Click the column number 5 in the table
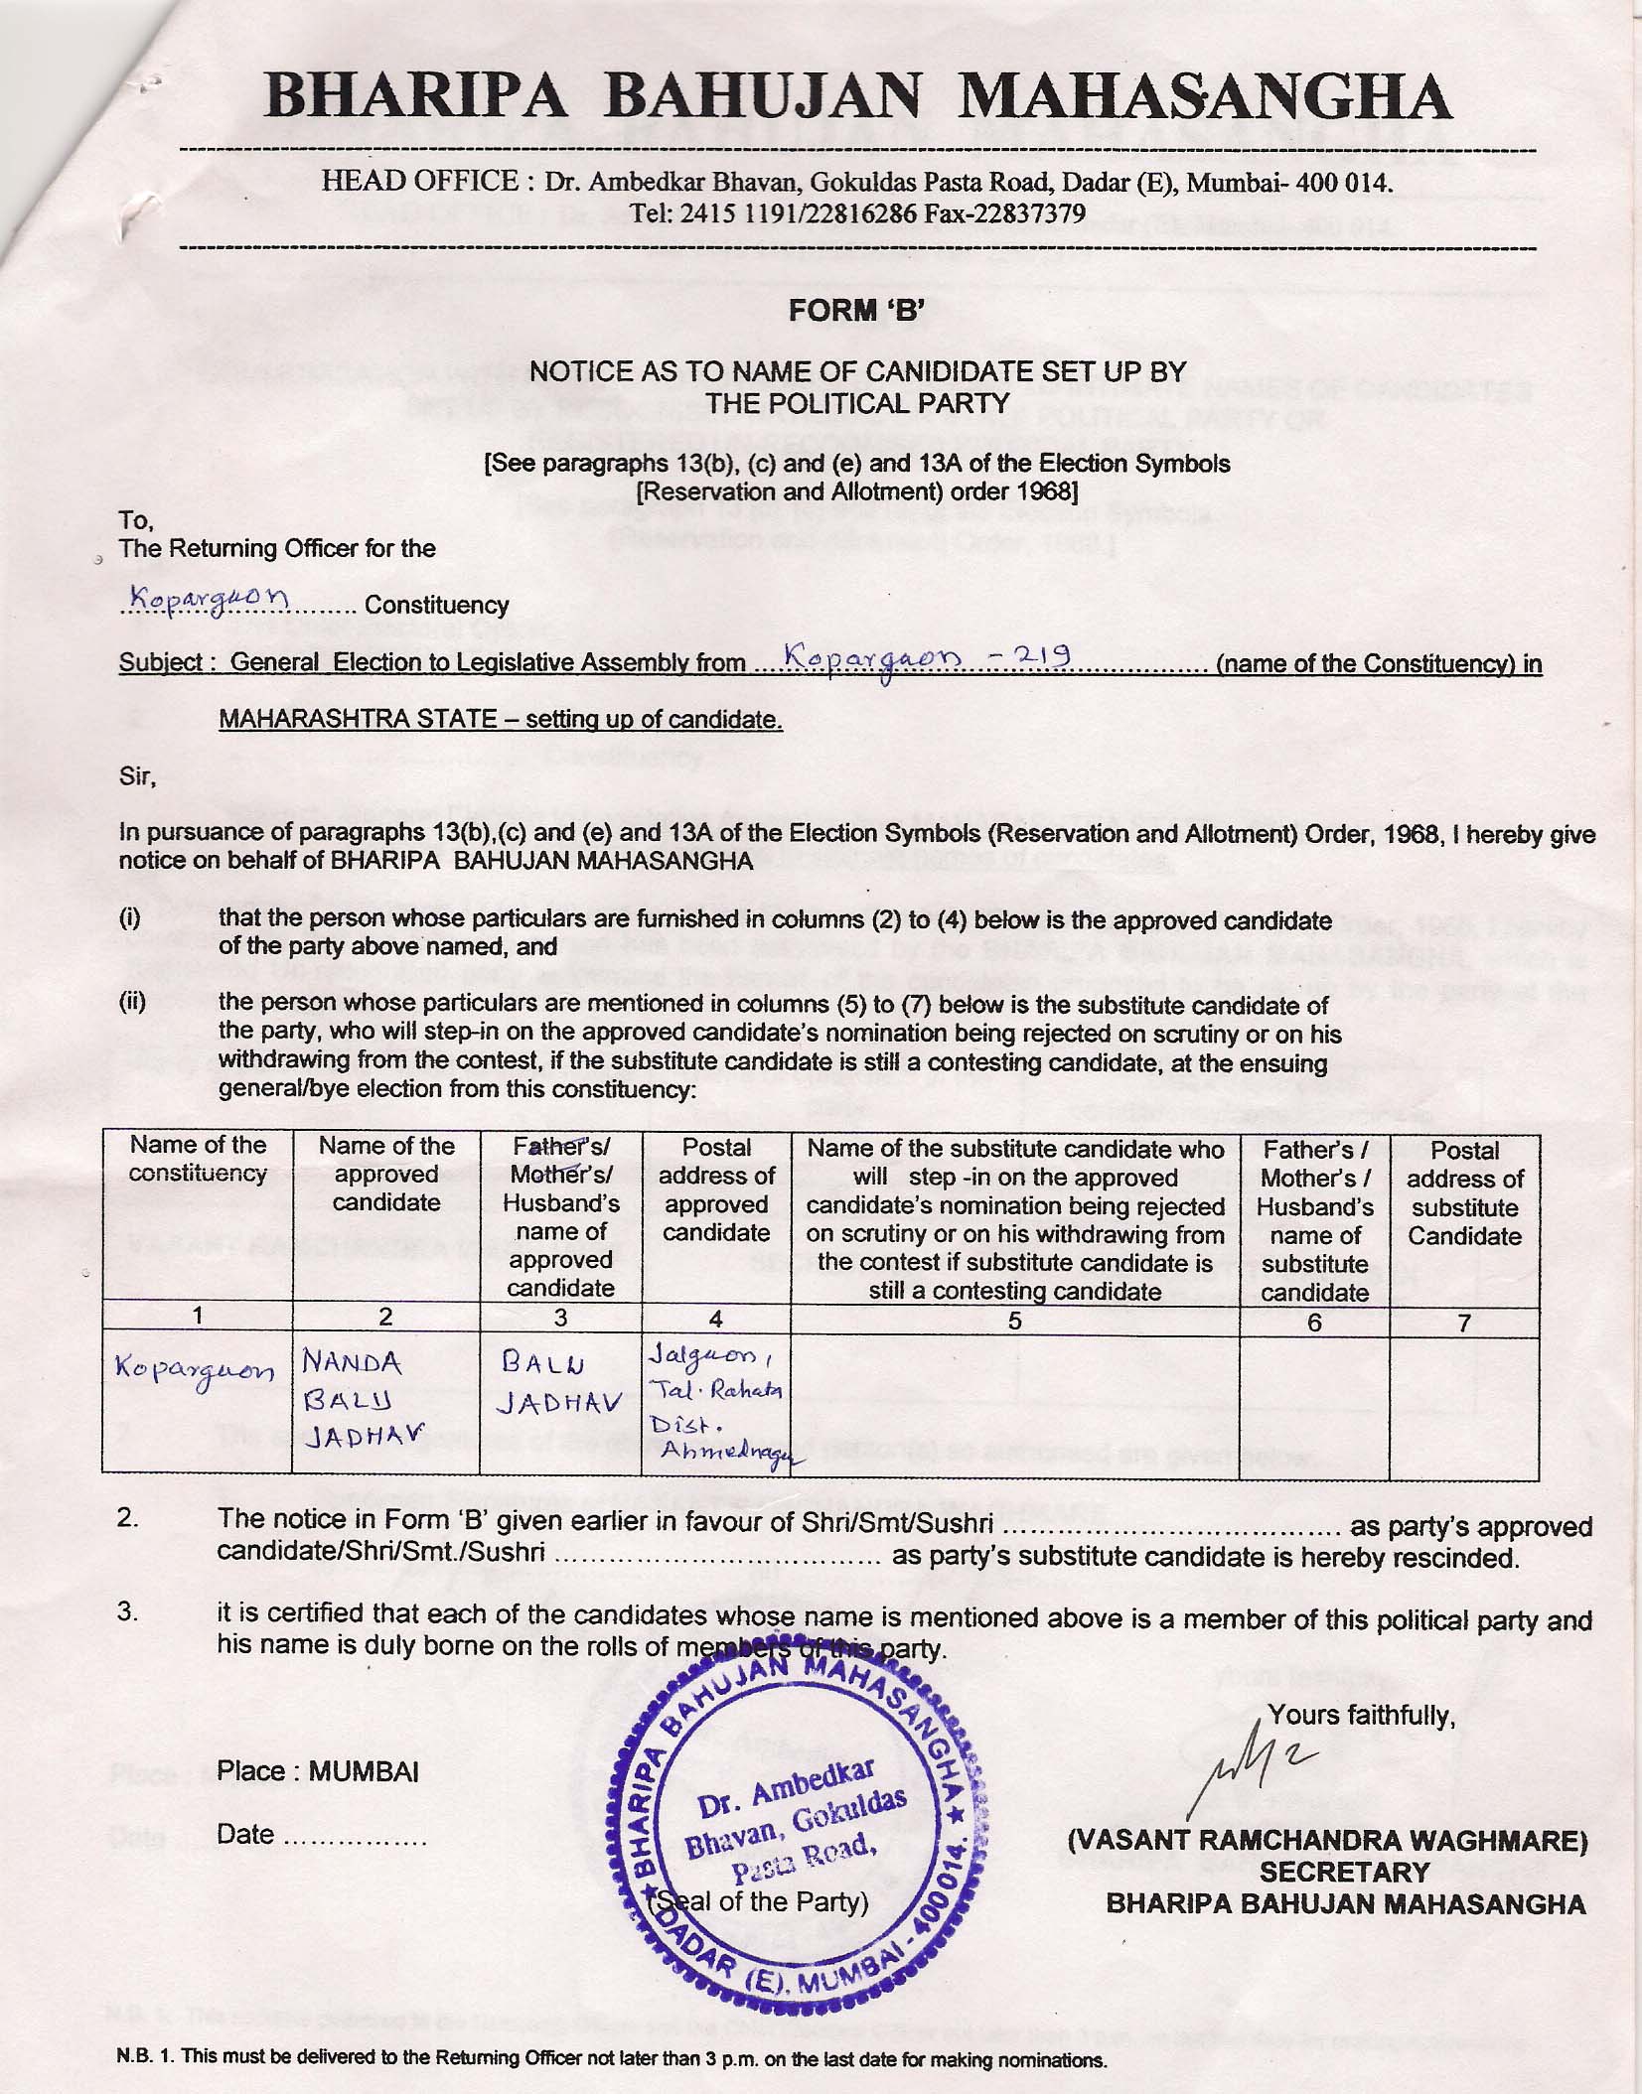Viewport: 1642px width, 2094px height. (x=1014, y=1321)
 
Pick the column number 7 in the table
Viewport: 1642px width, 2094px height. (x=1463, y=1322)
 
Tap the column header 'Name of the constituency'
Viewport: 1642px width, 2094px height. (x=198, y=1159)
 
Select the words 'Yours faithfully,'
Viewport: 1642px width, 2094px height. (x=1361, y=1715)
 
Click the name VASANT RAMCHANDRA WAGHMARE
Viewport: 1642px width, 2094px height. (x=1326, y=1840)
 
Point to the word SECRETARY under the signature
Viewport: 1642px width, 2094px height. (x=1344, y=1872)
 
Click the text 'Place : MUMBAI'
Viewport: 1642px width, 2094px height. (x=317, y=1771)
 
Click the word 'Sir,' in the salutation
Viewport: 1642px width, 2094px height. (x=137, y=776)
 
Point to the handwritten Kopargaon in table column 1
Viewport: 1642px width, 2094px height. (x=195, y=1370)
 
